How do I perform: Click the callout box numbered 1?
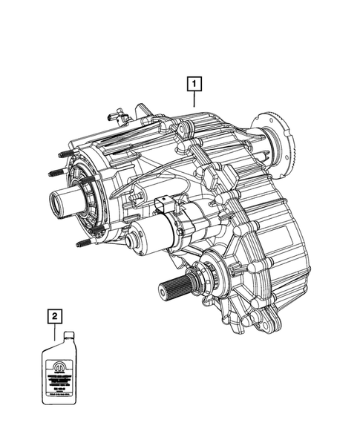click(193, 84)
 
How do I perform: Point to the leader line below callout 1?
click(193, 100)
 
